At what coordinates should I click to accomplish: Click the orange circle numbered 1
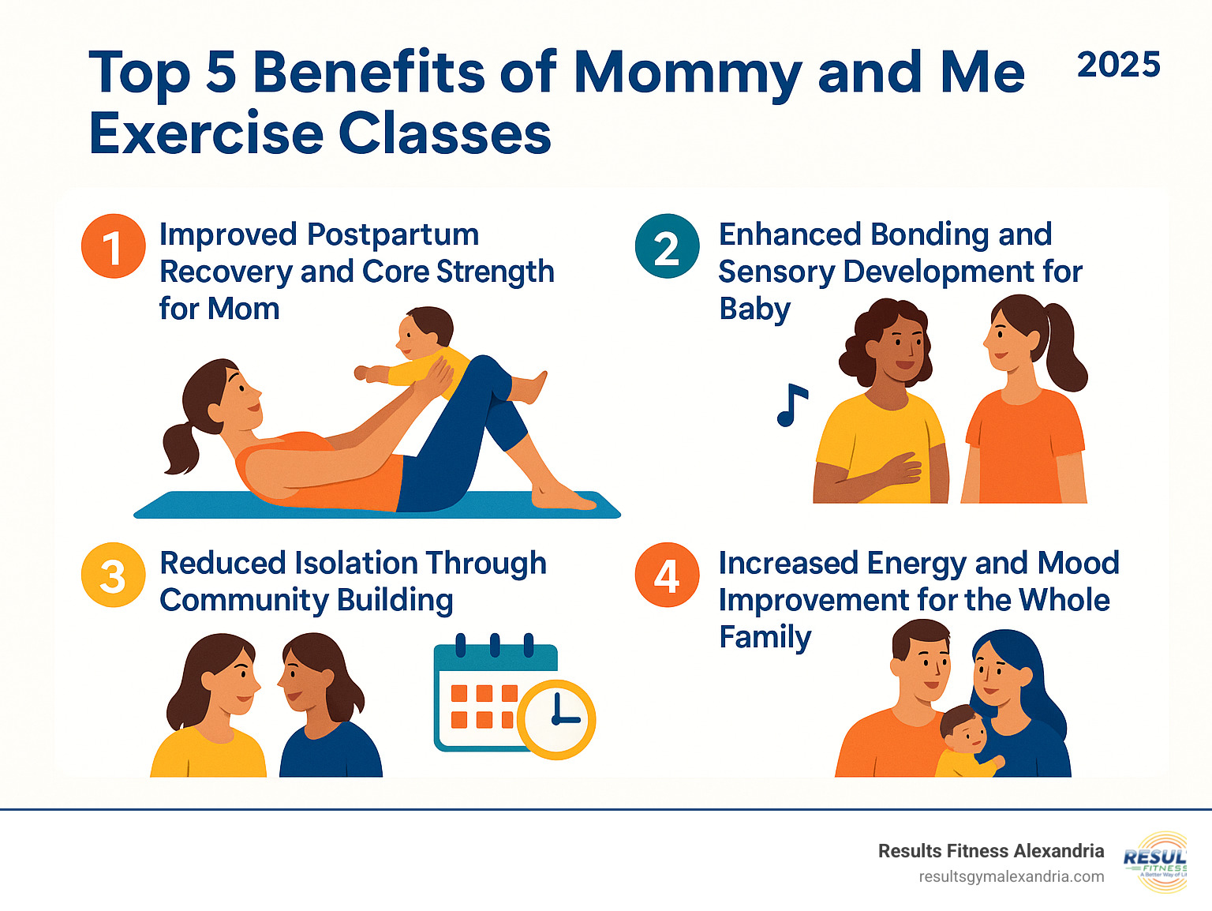pyautogui.click(x=113, y=246)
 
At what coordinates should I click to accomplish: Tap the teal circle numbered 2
pyautogui.click(x=667, y=246)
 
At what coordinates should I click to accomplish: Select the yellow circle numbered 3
pyautogui.click(x=113, y=575)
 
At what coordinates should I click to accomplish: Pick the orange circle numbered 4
pyautogui.click(x=667, y=575)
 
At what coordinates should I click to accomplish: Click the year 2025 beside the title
pyautogui.click(x=1118, y=65)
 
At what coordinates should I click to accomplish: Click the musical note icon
pyautogui.click(x=791, y=405)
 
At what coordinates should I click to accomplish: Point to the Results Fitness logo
pyautogui.click(x=1156, y=861)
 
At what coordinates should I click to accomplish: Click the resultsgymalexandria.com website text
pyautogui.click(x=1012, y=876)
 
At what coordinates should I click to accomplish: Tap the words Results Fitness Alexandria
pyautogui.click(x=990, y=851)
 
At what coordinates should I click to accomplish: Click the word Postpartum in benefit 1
pyautogui.click(x=392, y=234)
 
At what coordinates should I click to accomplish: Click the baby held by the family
pyautogui.click(x=964, y=738)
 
